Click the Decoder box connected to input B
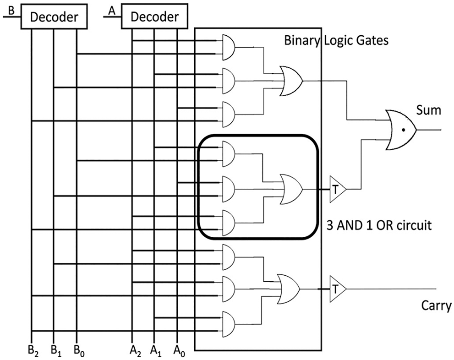54,17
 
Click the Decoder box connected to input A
154,17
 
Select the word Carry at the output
436,306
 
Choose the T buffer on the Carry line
337,289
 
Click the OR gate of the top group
291,81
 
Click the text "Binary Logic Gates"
336,40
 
